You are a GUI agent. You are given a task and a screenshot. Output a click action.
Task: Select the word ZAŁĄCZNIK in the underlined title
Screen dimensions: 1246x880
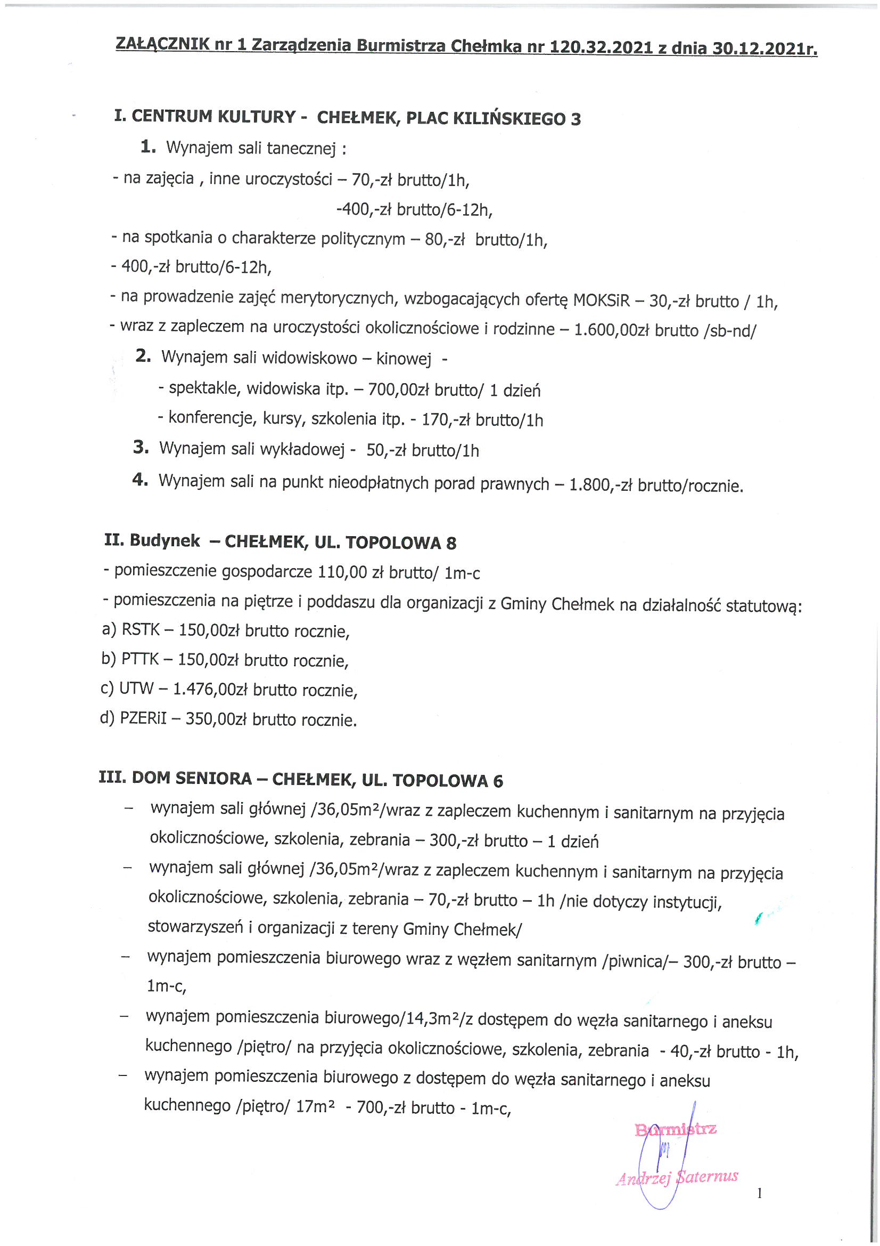(x=162, y=44)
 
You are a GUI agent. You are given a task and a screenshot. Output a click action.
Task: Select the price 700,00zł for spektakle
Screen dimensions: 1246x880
(x=399, y=390)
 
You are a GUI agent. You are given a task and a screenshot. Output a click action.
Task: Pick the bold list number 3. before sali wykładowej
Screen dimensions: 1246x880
(x=141, y=448)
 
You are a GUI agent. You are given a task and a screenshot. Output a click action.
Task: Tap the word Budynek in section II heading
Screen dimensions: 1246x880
(x=165, y=540)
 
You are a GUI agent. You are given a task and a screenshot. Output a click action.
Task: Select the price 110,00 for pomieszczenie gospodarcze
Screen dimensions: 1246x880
(x=343, y=572)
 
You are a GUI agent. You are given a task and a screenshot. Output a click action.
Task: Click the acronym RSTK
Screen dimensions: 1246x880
(x=141, y=629)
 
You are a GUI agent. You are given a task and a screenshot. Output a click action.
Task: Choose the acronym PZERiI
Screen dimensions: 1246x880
(x=144, y=718)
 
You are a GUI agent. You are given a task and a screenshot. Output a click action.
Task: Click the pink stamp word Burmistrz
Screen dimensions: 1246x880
(x=676, y=1129)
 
